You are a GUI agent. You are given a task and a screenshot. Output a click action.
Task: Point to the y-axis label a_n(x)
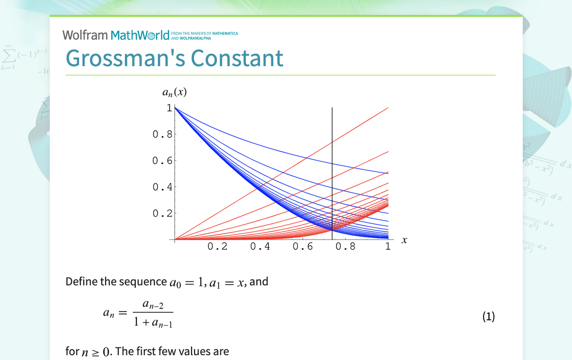[175, 92]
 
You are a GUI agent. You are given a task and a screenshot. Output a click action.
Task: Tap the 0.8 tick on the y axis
[163, 134]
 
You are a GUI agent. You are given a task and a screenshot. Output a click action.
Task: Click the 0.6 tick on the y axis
[163, 161]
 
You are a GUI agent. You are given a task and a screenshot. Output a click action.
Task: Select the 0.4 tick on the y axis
[163, 187]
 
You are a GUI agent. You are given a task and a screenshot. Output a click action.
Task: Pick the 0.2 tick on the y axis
[163, 213]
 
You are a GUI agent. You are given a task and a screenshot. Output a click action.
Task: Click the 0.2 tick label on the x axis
[217, 247]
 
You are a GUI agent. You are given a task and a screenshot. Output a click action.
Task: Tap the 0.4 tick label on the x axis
[260, 247]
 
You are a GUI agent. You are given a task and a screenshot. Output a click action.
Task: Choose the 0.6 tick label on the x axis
[303, 247]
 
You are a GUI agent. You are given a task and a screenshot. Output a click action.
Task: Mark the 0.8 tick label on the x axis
[346, 247]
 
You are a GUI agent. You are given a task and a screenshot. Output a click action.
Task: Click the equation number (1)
[488, 317]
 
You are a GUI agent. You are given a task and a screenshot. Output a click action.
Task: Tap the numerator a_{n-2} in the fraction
[153, 304]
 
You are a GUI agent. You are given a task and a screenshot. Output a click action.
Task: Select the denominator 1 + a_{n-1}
[153, 323]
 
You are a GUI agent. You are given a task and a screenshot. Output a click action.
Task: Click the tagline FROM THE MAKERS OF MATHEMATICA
[204, 33]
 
